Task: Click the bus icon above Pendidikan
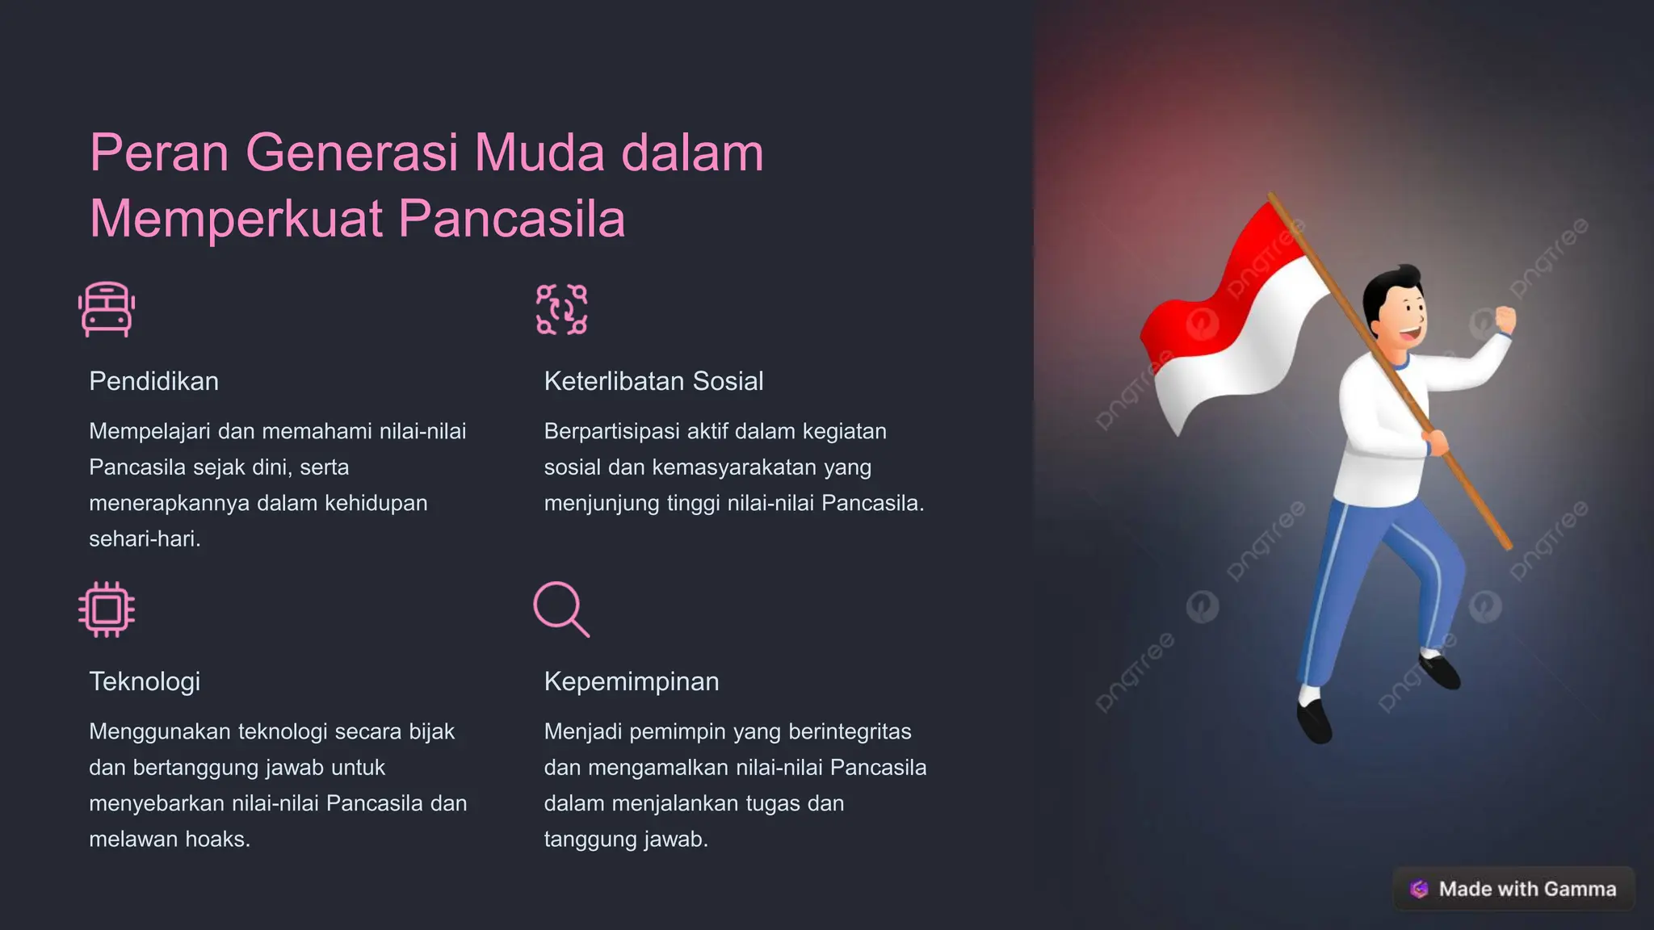point(107,309)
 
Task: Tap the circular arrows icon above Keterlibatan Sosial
point(561,309)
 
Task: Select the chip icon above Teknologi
point(107,610)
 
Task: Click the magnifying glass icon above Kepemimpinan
point(561,610)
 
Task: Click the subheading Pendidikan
point(153,381)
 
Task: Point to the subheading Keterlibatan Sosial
point(653,381)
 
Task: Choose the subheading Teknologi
point(145,681)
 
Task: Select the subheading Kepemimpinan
point(632,681)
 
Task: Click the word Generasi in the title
point(352,153)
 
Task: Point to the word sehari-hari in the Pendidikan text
point(145,539)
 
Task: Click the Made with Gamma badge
point(1513,889)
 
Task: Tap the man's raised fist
point(1505,319)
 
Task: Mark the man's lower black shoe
point(1313,720)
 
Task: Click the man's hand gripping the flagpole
point(1435,442)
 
